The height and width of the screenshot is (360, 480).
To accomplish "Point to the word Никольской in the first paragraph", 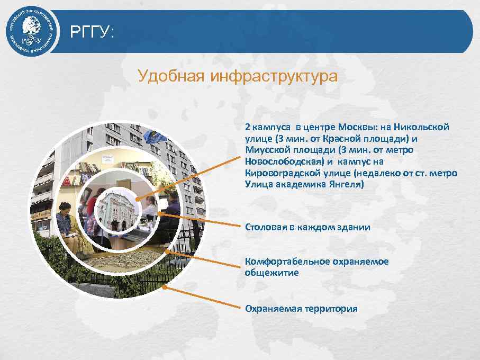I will (x=424, y=127).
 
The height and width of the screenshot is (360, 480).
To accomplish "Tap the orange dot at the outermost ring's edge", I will (x=165, y=287).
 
